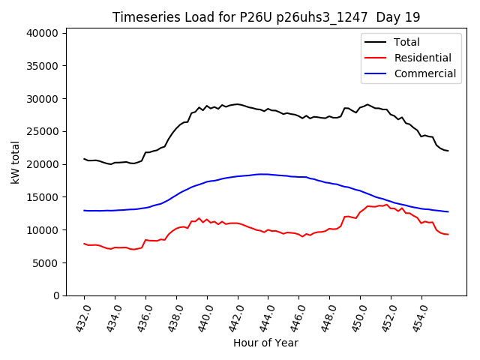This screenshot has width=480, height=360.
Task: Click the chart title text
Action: click(x=266, y=17)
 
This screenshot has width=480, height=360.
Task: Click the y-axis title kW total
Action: click(x=16, y=162)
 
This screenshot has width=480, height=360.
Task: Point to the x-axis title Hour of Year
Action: click(x=265, y=343)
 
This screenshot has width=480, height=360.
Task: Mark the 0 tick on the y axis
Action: click(x=55, y=295)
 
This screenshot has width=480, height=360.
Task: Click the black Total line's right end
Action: click(x=448, y=151)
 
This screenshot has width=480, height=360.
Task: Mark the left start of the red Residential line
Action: click(x=84, y=244)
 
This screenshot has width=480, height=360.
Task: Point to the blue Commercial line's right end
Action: click(x=448, y=211)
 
